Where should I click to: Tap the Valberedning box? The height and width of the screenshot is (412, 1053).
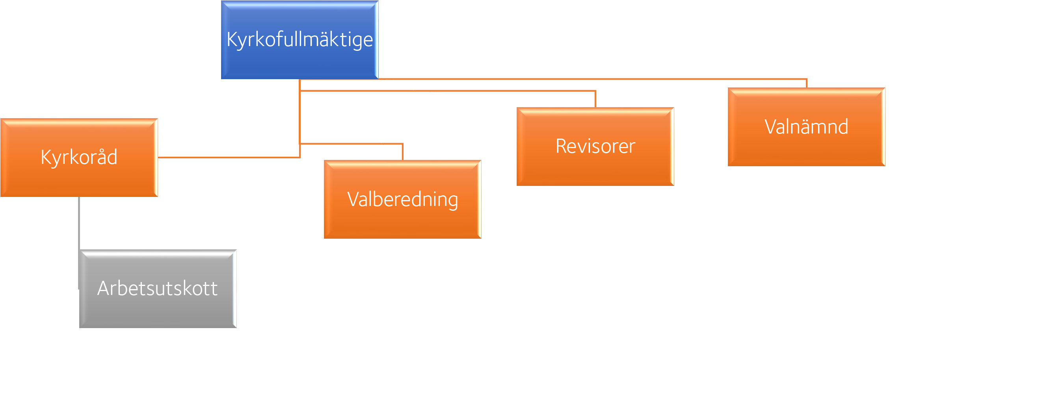click(x=402, y=221)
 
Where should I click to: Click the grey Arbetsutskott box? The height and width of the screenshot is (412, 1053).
click(x=158, y=311)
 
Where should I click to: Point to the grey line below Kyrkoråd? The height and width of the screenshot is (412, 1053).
click(x=79, y=223)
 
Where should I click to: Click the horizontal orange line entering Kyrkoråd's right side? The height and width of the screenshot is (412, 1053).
click(x=229, y=157)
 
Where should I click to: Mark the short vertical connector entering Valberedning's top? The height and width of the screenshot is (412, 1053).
click(x=403, y=152)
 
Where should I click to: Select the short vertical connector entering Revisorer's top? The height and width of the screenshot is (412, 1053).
click(x=595, y=99)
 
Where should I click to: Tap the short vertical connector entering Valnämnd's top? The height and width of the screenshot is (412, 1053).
click(x=806, y=84)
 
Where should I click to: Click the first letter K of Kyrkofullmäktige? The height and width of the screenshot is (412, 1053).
click(x=232, y=39)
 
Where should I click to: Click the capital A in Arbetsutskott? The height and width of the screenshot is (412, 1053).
click(x=105, y=288)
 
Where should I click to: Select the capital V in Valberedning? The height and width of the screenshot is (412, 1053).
click(x=353, y=199)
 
